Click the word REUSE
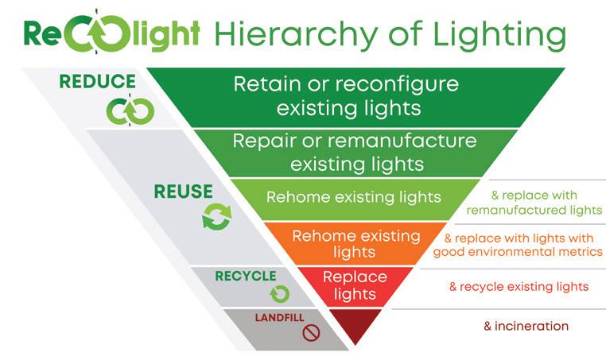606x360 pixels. (x=184, y=192)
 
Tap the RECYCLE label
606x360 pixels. (x=245, y=276)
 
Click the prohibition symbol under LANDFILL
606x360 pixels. (x=310, y=333)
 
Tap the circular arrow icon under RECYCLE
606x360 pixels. (x=279, y=294)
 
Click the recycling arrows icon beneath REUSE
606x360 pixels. (x=216, y=216)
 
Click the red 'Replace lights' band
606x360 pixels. (x=355, y=285)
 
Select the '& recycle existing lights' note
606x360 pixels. (x=519, y=286)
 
